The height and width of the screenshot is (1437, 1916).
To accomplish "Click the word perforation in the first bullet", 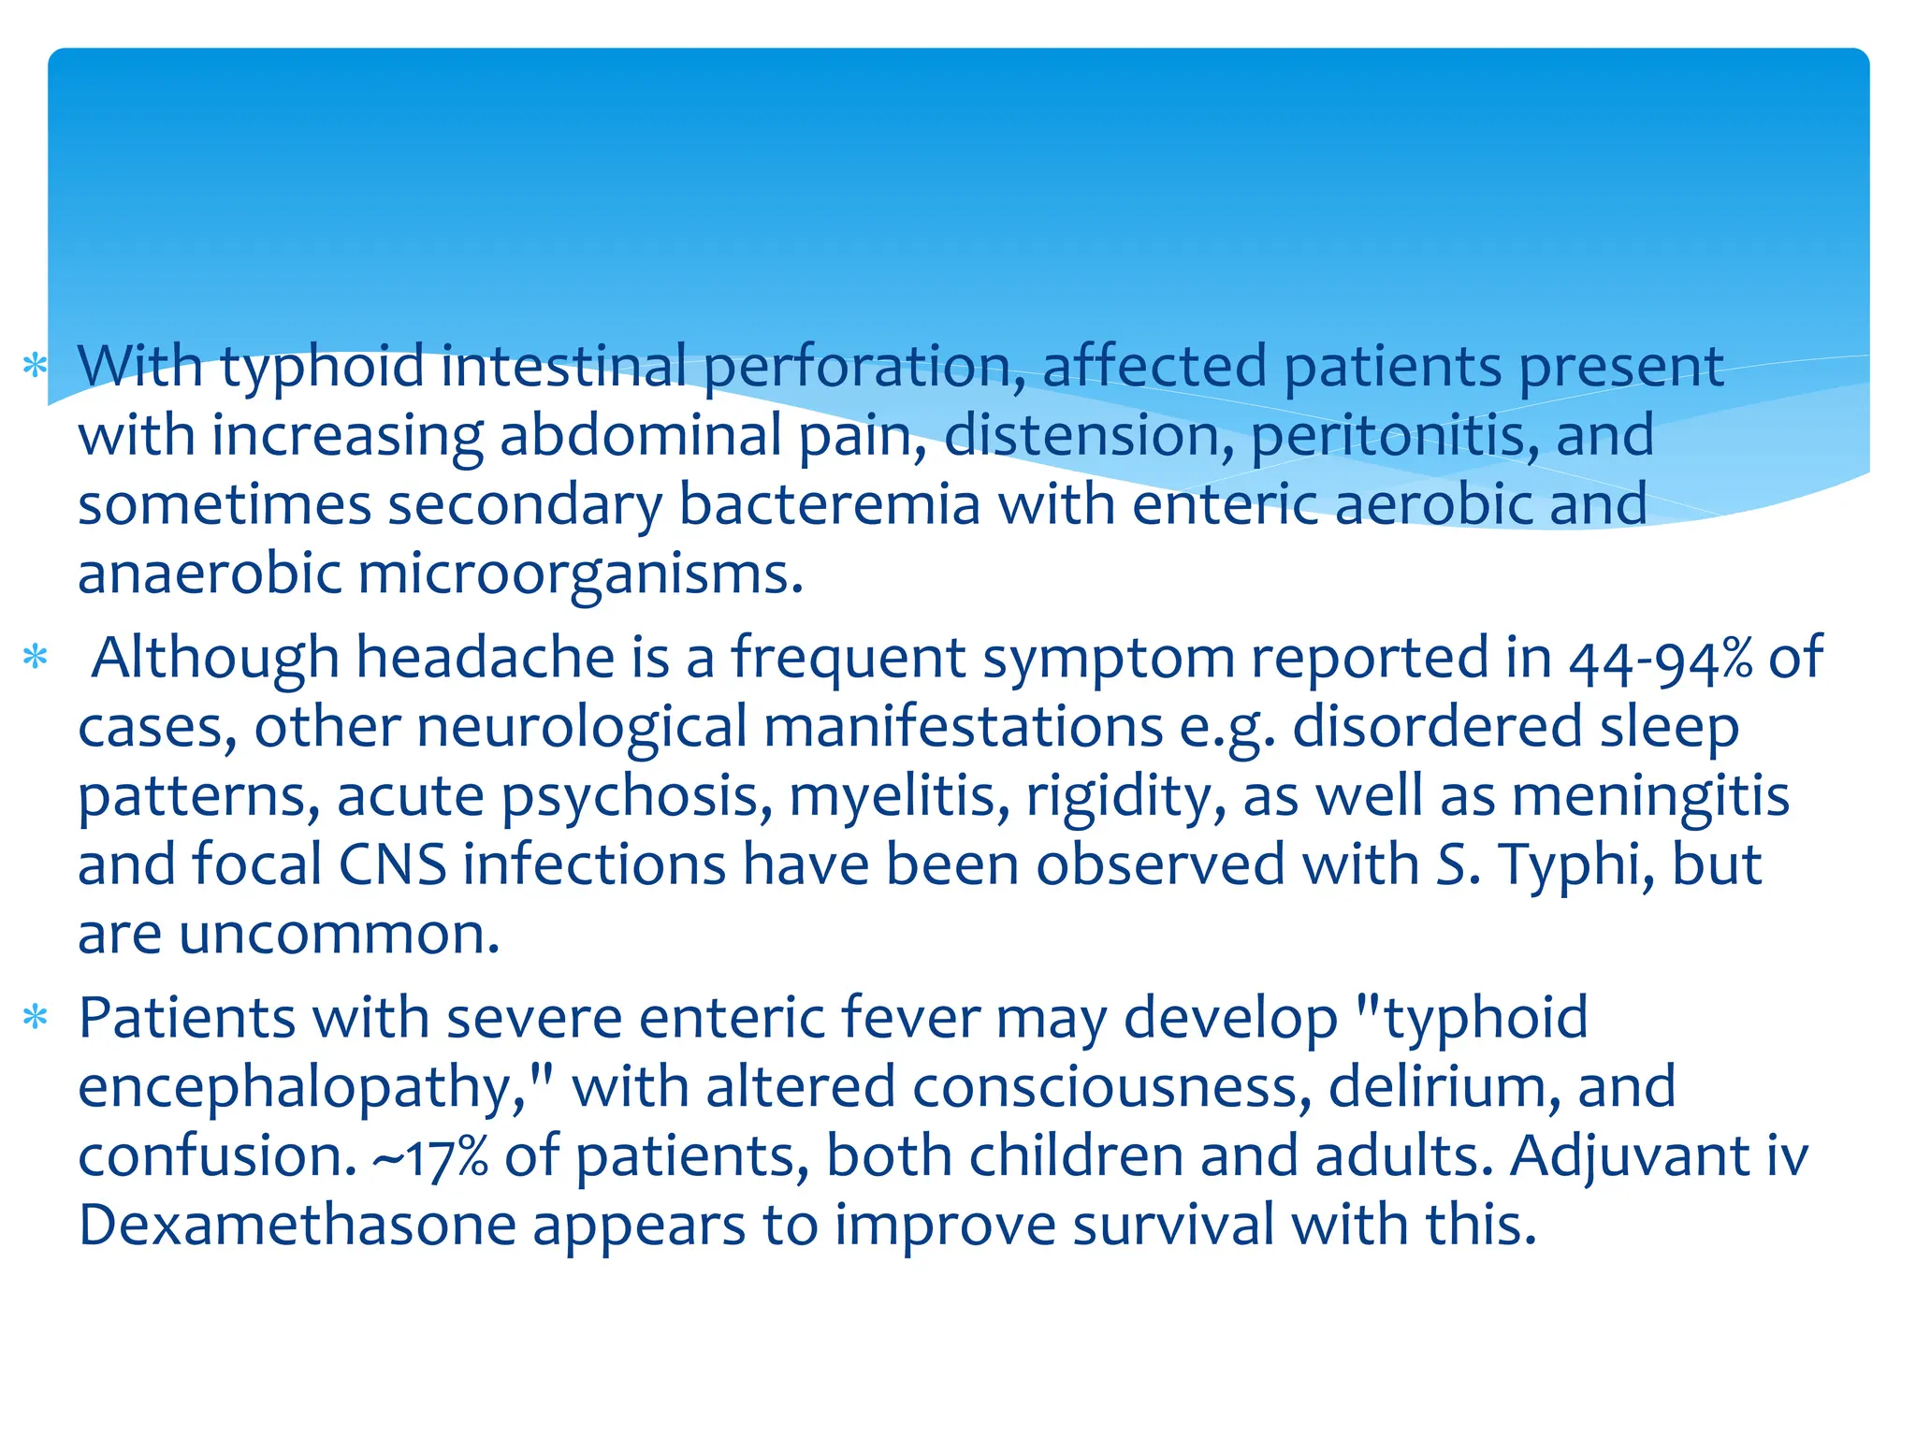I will coord(864,367).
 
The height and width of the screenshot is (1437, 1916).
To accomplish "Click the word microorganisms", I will coord(580,574).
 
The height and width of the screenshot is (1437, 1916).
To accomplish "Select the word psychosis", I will coord(637,797).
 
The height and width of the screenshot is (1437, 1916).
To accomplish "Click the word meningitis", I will coord(1650,797).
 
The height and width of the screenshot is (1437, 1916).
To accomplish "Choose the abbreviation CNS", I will coord(392,864).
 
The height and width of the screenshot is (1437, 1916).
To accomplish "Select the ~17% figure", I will coord(430,1157).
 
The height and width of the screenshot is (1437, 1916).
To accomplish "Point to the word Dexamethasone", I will coord(297,1226).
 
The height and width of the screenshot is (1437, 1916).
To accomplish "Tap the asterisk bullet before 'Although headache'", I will coord(36,657).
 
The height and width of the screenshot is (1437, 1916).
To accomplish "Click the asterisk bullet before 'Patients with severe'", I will coord(36,1017).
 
